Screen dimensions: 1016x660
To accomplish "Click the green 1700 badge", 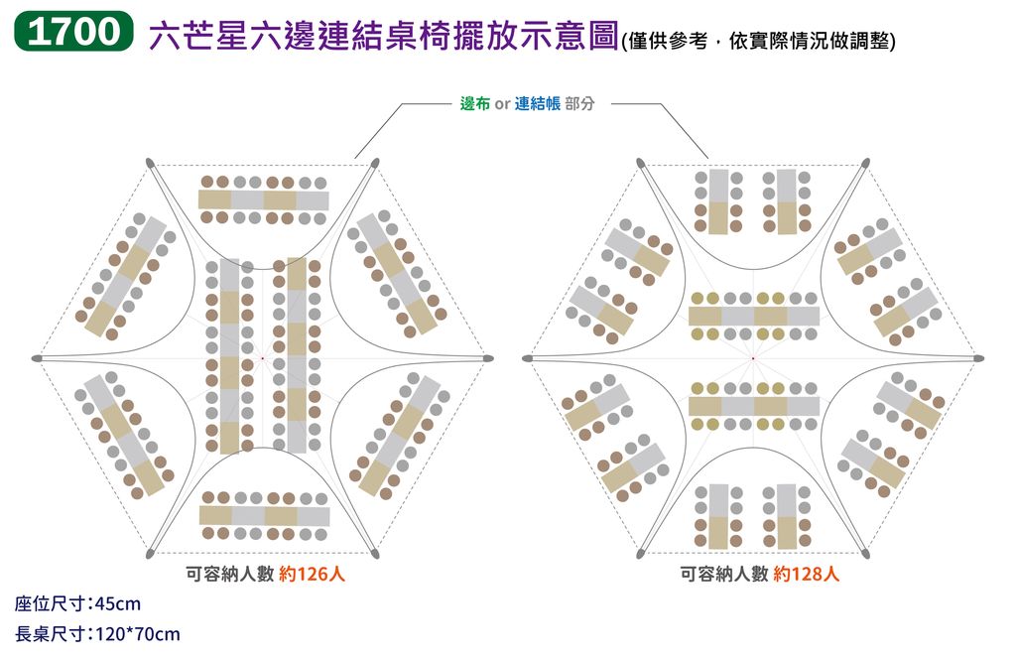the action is coord(73,31).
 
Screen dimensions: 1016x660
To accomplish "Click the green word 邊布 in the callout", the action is coord(475,104).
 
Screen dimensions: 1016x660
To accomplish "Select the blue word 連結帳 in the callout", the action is coord(537,104).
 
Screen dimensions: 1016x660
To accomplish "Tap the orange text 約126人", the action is coord(312,574).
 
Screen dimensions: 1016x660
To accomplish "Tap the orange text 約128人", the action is coord(806,574).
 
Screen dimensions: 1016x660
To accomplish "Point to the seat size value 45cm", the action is coord(118,604).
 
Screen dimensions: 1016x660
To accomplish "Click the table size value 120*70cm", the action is coord(137,634).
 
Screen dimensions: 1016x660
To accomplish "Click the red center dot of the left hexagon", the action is coord(262,358).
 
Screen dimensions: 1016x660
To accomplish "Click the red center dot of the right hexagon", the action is coord(753,358).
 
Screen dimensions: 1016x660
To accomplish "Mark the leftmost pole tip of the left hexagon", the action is coord(33,358).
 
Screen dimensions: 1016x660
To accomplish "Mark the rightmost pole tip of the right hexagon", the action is coord(982,358).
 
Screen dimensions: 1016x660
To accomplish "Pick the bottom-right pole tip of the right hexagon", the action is coord(867,556).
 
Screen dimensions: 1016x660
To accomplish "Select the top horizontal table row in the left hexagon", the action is coord(264,199).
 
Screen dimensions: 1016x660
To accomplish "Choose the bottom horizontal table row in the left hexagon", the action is coord(264,516).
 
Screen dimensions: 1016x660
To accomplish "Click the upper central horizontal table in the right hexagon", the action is coord(754,317).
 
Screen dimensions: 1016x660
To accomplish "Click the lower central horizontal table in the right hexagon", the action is coord(754,406).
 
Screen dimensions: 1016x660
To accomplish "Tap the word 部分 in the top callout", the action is coord(579,104).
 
